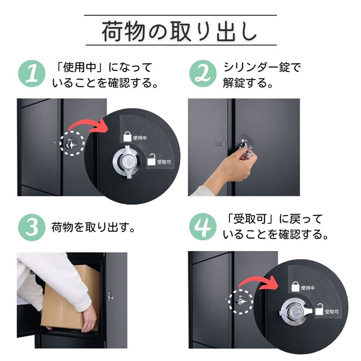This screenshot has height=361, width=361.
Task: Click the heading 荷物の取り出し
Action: tap(180, 31)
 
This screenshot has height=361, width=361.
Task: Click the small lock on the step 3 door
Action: tap(110, 295)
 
